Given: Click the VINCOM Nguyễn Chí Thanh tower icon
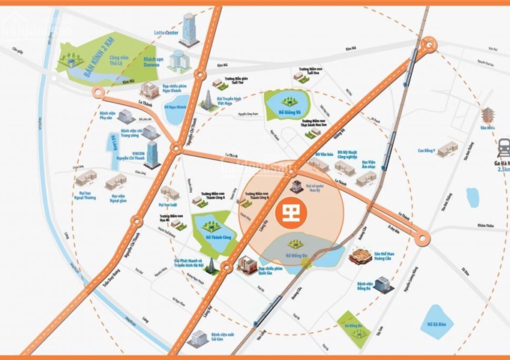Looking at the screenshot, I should pyautogui.click(x=152, y=153).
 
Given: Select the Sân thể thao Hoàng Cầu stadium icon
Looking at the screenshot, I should pyautogui.click(x=362, y=256).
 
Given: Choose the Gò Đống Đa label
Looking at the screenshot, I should pyautogui.click(x=352, y=328).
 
